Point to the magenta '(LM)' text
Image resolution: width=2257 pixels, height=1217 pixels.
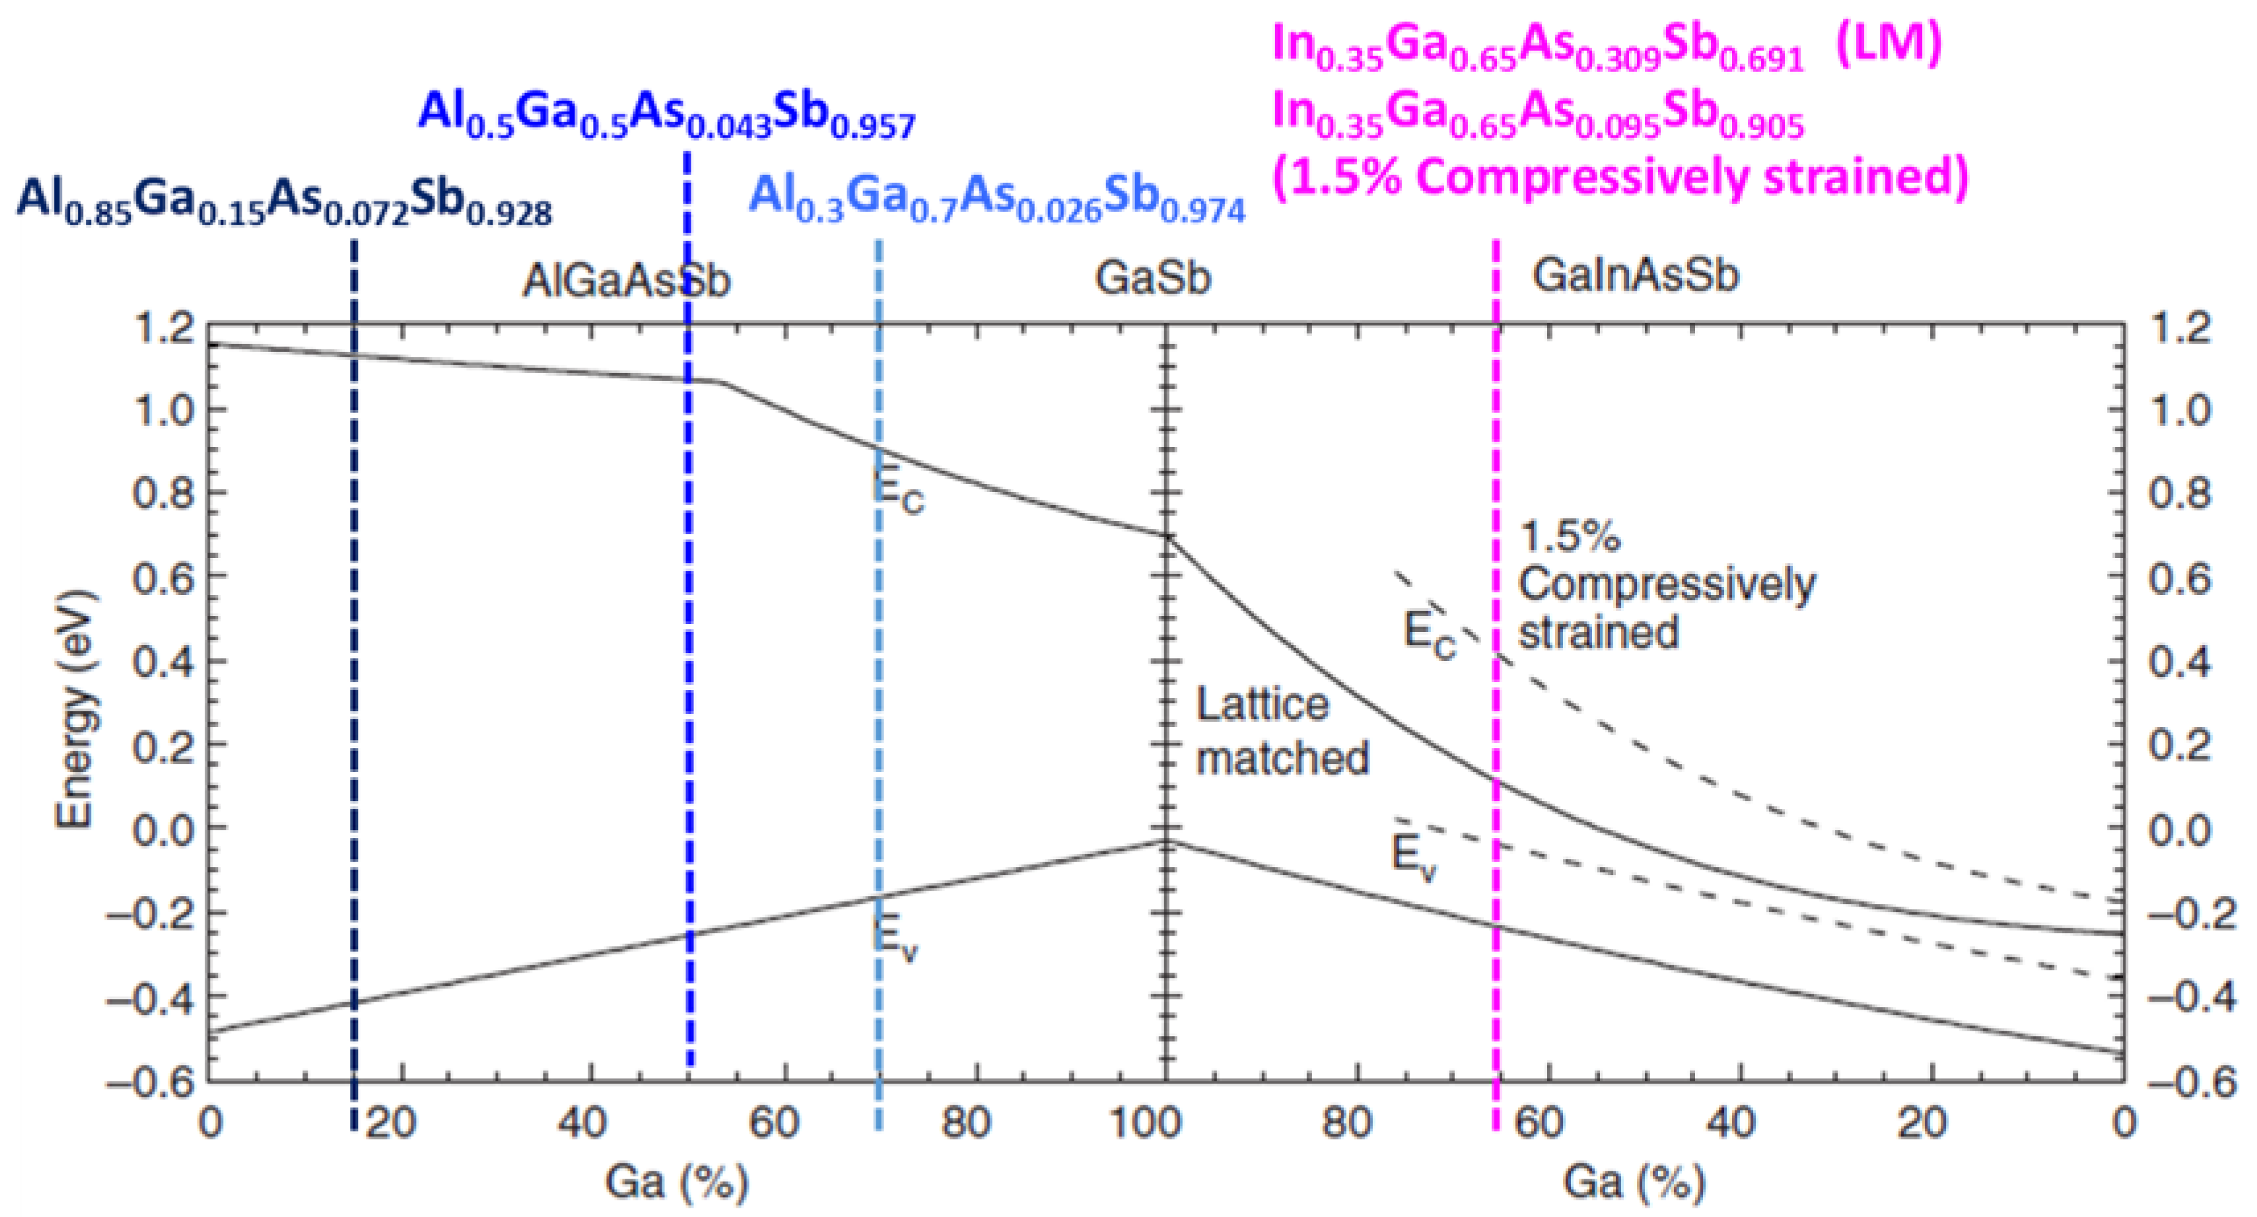coord(1888,44)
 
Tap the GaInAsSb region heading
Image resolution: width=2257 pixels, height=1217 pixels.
coord(1635,276)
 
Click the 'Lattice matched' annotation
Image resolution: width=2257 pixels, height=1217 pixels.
coord(1282,732)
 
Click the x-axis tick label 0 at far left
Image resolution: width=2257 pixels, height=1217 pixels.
coord(210,1123)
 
